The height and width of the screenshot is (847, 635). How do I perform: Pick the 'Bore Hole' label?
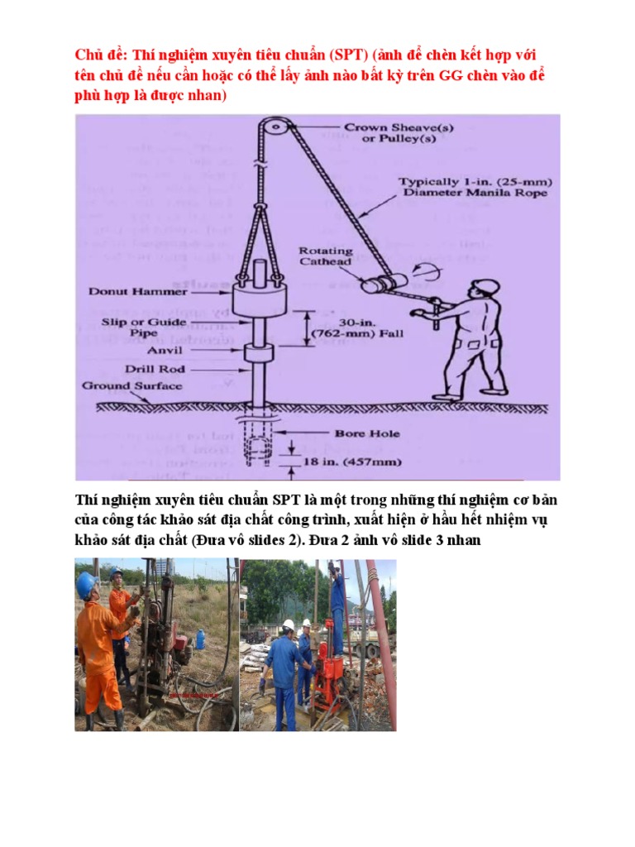click(366, 432)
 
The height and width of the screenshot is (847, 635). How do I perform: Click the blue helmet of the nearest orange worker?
click(85, 585)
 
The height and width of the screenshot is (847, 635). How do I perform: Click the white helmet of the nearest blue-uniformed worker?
click(289, 625)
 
